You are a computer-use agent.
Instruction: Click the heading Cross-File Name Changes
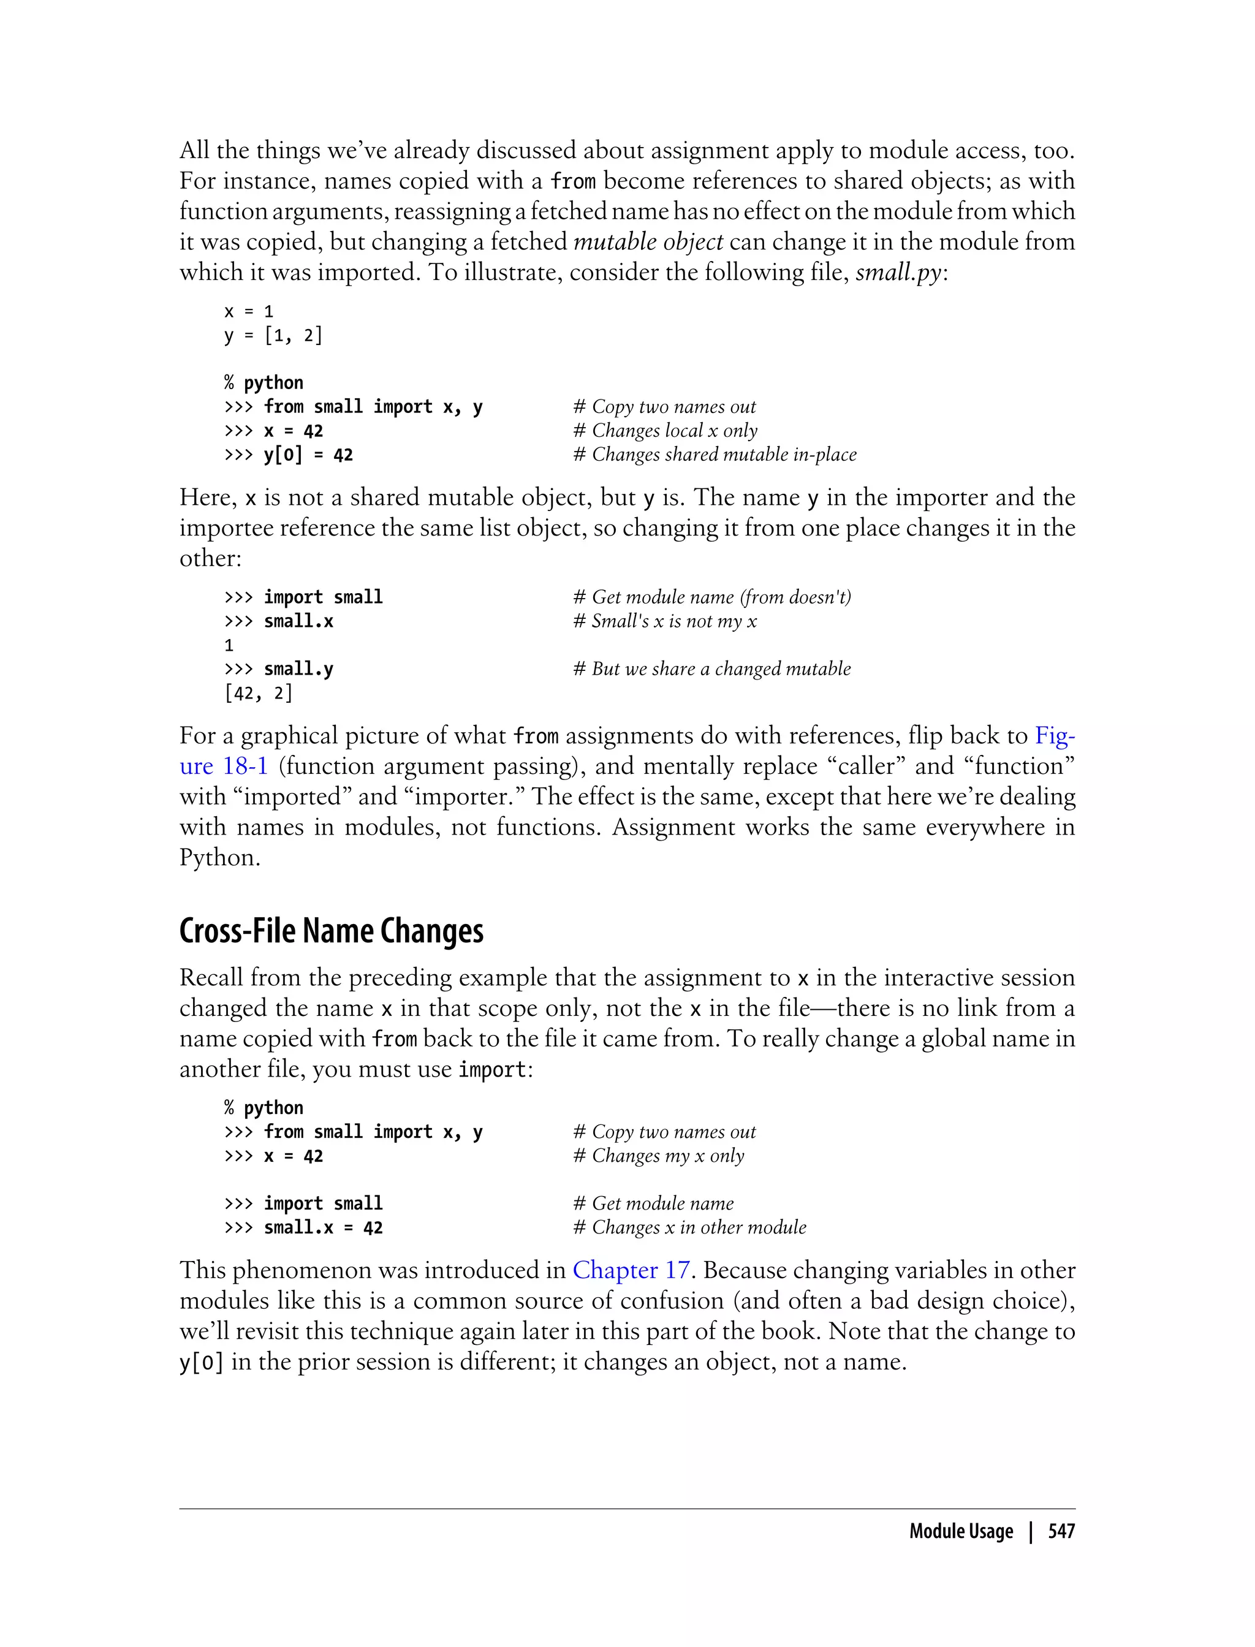point(331,931)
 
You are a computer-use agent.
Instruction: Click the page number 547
point(1061,1531)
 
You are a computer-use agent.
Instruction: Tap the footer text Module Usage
point(961,1531)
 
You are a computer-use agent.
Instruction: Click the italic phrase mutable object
point(648,241)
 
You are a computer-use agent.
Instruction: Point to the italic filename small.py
point(898,272)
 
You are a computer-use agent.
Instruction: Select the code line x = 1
point(249,311)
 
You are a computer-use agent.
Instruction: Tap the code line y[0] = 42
point(308,454)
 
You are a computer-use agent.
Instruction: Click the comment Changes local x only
point(665,430)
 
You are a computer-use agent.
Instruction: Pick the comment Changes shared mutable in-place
point(715,454)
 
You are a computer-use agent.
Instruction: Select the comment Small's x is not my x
point(665,621)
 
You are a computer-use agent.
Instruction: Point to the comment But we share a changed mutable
point(712,668)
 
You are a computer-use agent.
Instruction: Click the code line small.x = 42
point(323,1227)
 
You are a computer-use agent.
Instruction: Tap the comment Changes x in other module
point(689,1227)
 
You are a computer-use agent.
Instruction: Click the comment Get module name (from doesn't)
point(712,597)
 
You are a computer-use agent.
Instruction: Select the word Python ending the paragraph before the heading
point(219,857)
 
